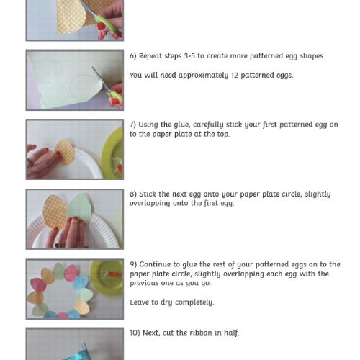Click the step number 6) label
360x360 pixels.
click(133, 56)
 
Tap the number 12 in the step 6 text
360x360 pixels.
click(235, 75)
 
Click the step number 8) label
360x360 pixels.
click(133, 194)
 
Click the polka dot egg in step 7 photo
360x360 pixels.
click(65, 152)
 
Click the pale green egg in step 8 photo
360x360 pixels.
click(81, 207)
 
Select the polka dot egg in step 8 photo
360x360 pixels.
click(54, 212)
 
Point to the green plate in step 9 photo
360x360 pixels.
click(107, 277)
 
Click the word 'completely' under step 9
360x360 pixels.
click(194, 302)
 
